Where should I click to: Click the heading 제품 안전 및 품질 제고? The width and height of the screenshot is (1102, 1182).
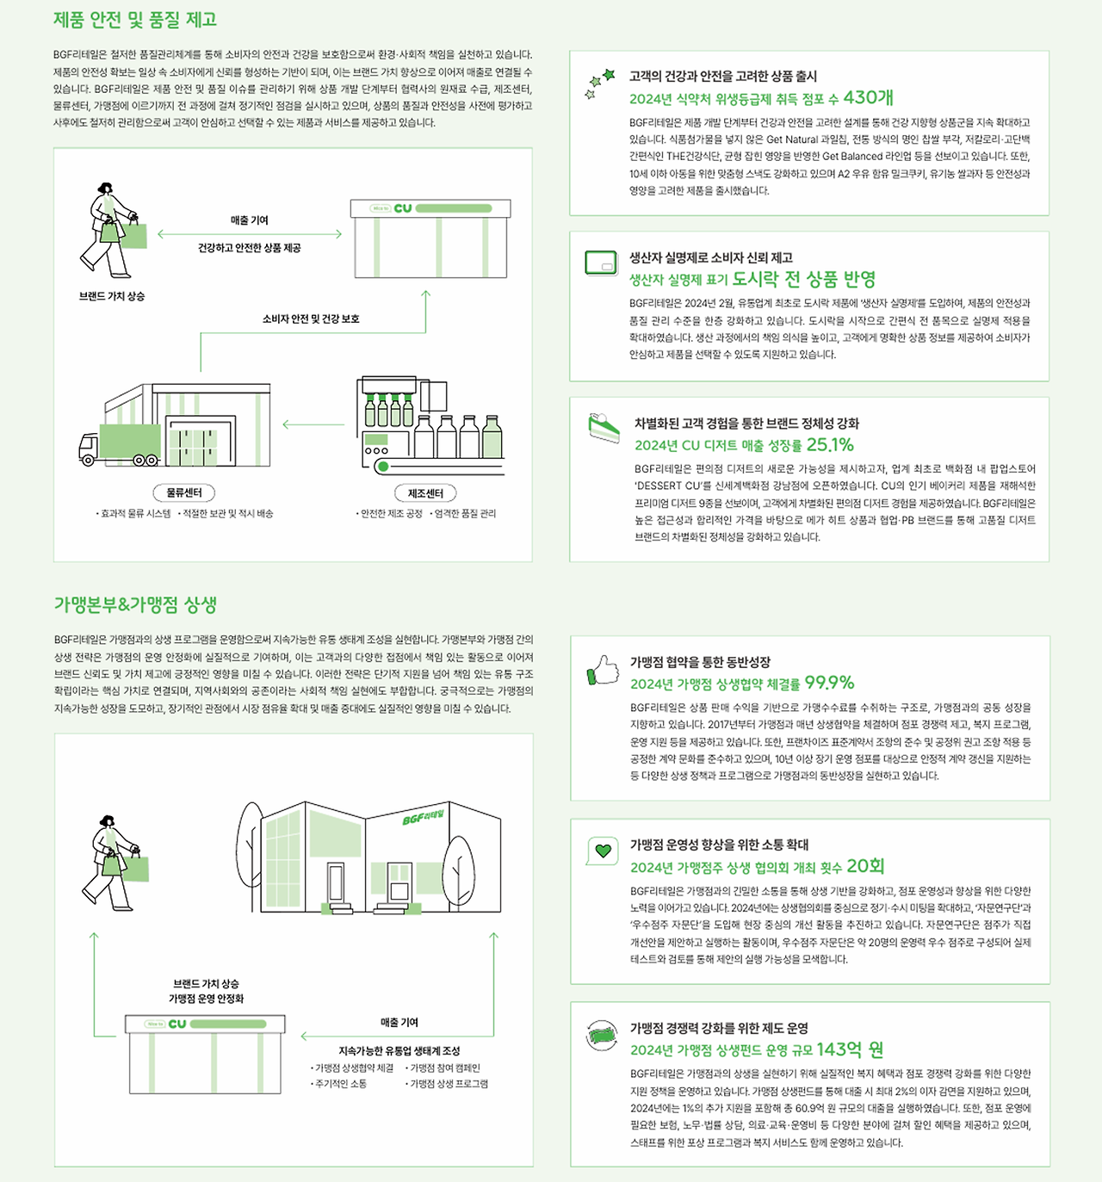(135, 20)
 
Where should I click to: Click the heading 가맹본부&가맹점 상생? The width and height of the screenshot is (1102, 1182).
(135, 604)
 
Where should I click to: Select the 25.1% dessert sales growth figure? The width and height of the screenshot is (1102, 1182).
(830, 444)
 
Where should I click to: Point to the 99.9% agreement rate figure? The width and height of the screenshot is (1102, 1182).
(829, 682)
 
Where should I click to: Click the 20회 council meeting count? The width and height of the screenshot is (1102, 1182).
(865, 866)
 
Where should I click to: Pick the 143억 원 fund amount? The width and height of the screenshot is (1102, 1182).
(850, 1049)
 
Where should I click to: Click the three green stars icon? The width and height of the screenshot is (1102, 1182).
(599, 84)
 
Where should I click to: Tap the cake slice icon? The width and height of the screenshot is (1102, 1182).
(604, 427)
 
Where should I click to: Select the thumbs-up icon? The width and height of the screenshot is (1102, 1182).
(603, 670)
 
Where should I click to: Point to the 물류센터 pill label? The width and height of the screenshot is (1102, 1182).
(184, 492)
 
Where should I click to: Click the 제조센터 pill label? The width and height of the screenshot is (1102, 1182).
(425, 493)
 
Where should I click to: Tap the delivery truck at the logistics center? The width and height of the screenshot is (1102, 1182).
(119, 445)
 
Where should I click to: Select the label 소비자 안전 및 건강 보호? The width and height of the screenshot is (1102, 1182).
(311, 319)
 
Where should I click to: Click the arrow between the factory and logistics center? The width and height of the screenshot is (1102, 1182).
(313, 424)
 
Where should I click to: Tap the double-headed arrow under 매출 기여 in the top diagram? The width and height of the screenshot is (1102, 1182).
(250, 234)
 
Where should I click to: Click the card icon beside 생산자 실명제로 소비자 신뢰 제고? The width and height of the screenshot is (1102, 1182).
(601, 263)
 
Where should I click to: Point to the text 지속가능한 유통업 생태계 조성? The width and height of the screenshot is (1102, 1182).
(399, 1051)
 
